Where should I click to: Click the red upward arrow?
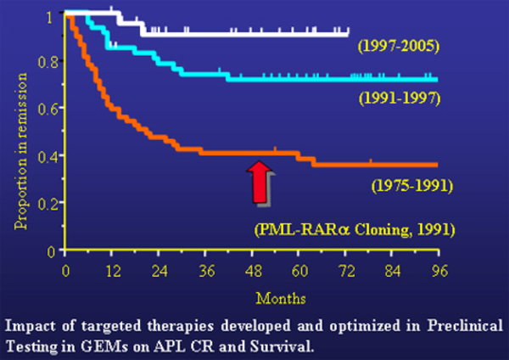click(260, 182)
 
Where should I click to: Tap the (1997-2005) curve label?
click(399, 46)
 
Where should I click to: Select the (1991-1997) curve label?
click(400, 98)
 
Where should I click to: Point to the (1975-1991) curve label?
click(412, 186)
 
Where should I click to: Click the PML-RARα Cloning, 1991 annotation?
click(355, 230)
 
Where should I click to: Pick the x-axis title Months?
click(281, 298)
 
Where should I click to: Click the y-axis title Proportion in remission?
click(20, 151)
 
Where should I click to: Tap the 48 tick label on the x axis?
click(254, 271)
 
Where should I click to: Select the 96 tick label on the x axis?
click(439, 271)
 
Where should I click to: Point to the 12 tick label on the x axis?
click(113, 271)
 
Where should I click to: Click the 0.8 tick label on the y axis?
click(48, 62)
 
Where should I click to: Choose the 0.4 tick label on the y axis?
click(48, 157)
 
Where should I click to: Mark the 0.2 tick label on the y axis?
click(48, 205)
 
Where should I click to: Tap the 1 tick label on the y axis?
click(49, 17)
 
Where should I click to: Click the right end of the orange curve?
click(437, 165)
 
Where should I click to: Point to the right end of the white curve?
click(348, 34)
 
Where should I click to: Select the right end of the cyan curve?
click(437, 80)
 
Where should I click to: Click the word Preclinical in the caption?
click(465, 325)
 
